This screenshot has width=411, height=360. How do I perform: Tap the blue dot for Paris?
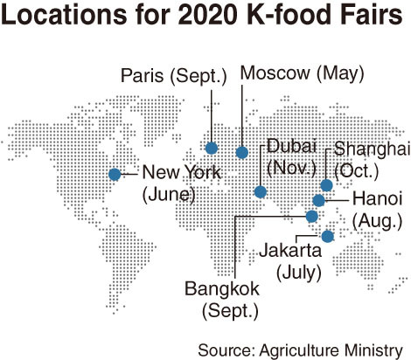click(x=212, y=148)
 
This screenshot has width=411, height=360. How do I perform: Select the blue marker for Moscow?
click(x=242, y=153)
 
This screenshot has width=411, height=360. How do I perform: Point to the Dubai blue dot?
click(x=260, y=191)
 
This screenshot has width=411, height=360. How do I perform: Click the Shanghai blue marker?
click(x=326, y=184)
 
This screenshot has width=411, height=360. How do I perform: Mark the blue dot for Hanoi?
click(x=319, y=200)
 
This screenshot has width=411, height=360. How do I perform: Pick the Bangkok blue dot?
click(x=310, y=216)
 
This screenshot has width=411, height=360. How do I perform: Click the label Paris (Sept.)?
click(x=171, y=75)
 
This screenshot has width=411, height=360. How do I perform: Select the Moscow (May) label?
click(x=302, y=73)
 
